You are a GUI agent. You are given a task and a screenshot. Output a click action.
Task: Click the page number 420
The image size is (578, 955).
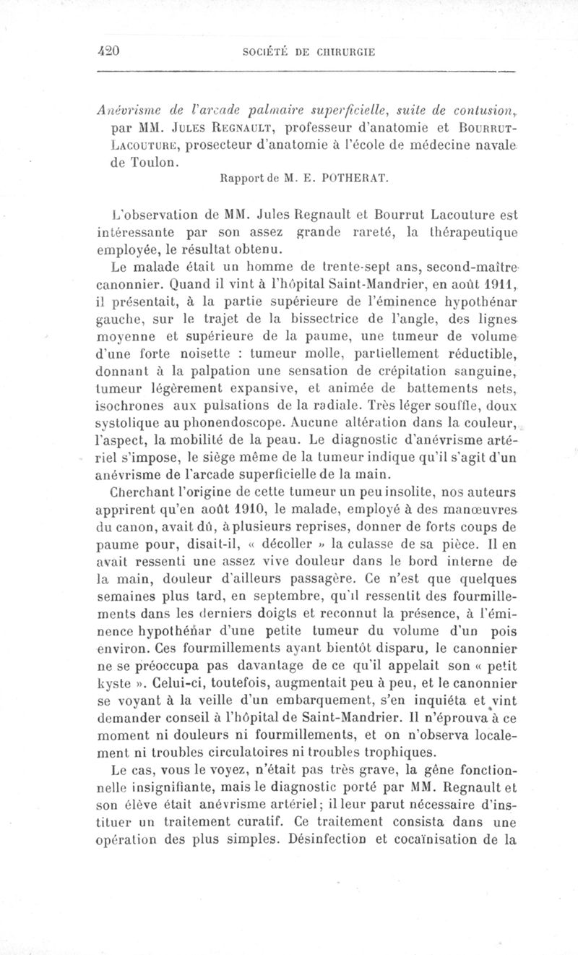108,51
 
